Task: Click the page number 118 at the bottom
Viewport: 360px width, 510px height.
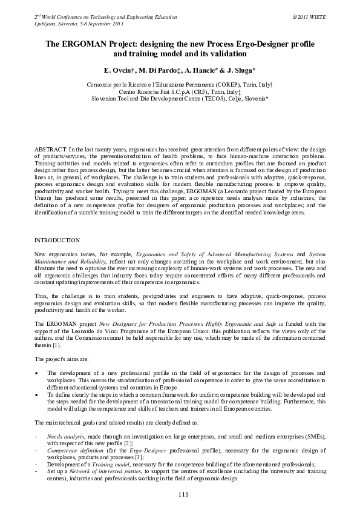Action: pos(184,494)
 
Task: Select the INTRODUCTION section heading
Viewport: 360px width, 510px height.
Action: pos(57,240)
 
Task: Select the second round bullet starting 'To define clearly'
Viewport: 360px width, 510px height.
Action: pos(38,393)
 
